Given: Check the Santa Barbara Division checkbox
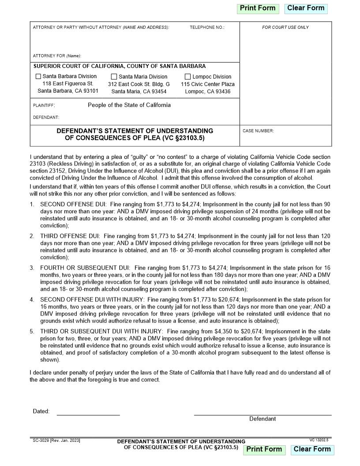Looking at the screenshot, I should (x=38, y=76).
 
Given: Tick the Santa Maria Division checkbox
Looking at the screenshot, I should (x=114, y=77).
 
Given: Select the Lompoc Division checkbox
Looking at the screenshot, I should (x=188, y=77).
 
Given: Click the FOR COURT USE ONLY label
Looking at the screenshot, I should (x=285, y=27).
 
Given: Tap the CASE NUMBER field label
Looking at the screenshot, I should (x=258, y=131).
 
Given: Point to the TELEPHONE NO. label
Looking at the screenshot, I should (x=207, y=27).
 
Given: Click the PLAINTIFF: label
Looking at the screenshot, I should (x=44, y=105).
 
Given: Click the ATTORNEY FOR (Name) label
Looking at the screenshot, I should (x=57, y=56).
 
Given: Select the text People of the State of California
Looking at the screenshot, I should (x=129, y=105).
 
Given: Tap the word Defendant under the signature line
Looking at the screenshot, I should (x=262, y=419).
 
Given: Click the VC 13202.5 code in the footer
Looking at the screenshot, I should (x=319, y=440).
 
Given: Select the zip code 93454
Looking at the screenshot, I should (x=157, y=92).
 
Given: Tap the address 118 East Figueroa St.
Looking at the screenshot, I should (x=68, y=84).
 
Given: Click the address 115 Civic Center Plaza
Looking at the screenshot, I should (x=208, y=84).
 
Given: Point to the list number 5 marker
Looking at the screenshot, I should (x=32, y=331).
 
